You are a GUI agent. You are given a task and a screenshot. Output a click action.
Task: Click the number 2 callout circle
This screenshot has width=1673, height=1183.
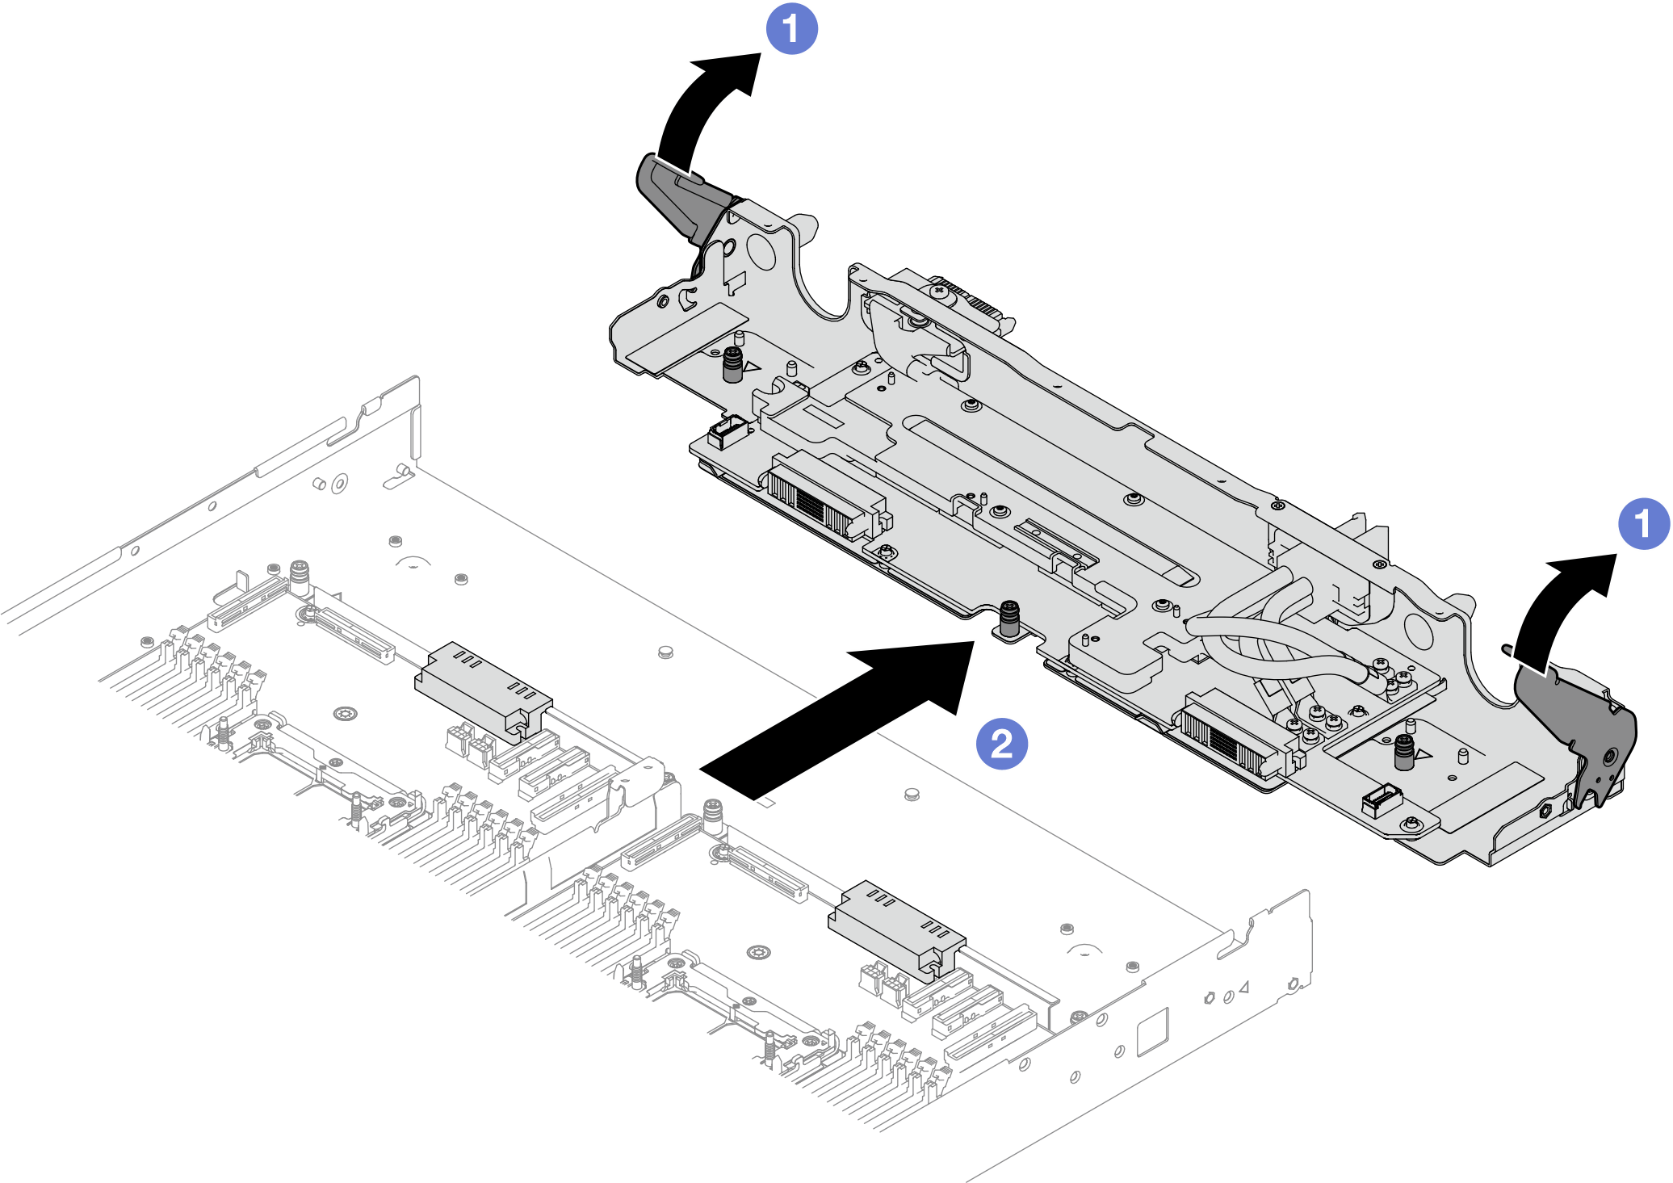[1002, 743]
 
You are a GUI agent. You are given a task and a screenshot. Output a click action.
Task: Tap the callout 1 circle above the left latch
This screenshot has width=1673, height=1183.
[791, 28]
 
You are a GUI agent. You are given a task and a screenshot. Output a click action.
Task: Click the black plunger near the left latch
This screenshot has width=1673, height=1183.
[732, 365]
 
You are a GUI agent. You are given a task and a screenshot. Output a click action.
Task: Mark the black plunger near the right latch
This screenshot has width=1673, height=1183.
[1404, 753]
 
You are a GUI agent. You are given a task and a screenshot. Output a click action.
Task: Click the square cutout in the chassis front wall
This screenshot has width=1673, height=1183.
[1153, 1031]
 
